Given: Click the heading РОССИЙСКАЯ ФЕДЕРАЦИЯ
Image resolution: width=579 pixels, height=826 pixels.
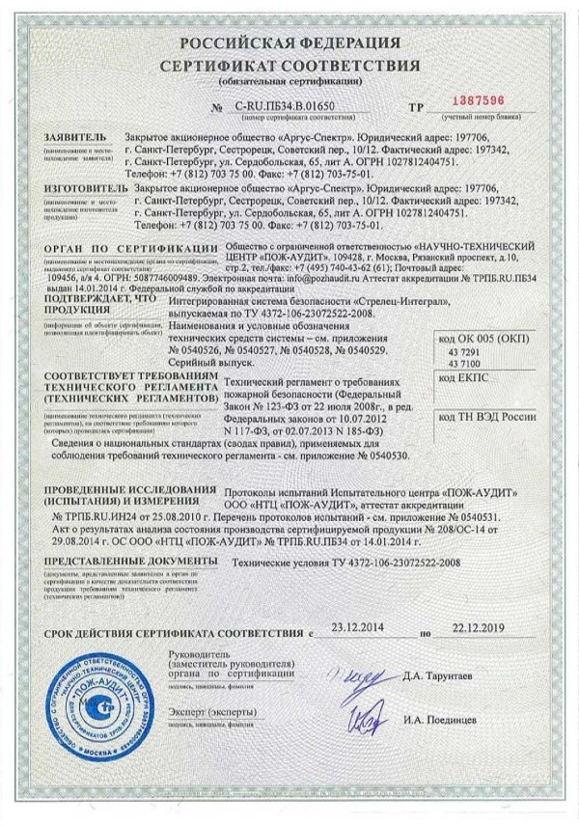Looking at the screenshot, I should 289,45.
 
